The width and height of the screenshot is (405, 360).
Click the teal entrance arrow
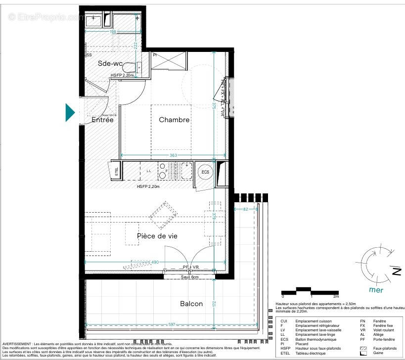(x=70, y=112)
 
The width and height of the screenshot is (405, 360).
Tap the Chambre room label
(x=174, y=120)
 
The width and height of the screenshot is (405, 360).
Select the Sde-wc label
(x=110, y=63)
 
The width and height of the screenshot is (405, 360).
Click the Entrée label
(x=102, y=120)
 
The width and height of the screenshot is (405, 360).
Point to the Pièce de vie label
(x=157, y=236)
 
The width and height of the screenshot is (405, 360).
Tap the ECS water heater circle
(x=204, y=172)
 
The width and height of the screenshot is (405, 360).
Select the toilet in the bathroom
(x=130, y=68)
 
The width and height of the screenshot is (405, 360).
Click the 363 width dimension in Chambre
(x=173, y=156)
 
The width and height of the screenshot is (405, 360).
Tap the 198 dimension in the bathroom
(x=113, y=32)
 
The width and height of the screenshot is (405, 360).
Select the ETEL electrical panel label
(x=117, y=173)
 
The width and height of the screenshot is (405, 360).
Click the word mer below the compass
(x=376, y=290)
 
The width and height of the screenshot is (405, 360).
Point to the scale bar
(x=310, y=291)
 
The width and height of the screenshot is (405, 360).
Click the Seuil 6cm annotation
(x=189, y=277)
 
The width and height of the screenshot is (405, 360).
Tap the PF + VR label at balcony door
(x=190, y=268)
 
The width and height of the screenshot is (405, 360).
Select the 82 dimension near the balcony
(x=246, y=210)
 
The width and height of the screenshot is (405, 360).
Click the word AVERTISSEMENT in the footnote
(x=17, y=344)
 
